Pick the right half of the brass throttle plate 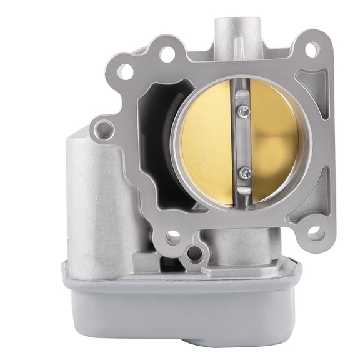click(x=275, y=141)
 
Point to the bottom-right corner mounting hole click(x=316, y=234)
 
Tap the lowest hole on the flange click(x=194, y=254)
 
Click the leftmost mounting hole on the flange click(x=104, y=129)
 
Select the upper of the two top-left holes click(x=167, y=54)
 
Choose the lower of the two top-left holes click(x=126, y=71)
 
